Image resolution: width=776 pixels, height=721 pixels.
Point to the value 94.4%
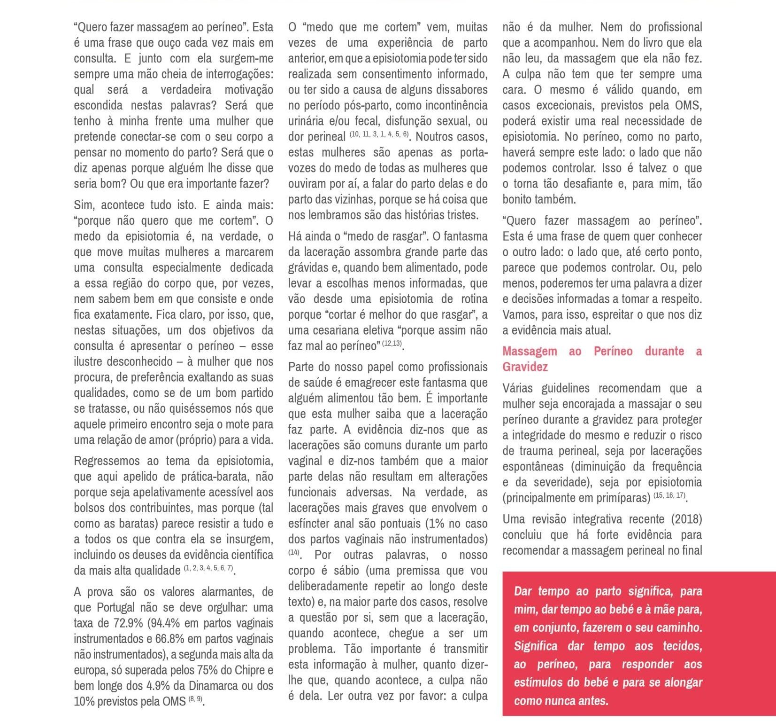pyautogui.click(x=164, y=623)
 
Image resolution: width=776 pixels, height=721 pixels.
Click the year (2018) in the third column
pyautogui.click(x=686, y=519)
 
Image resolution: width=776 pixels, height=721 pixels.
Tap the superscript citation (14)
pyautogui.click(x=294, y=553)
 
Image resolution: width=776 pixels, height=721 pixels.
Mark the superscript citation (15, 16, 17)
pyautogui.click(x=669, y=495)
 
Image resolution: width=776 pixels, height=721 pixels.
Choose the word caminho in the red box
pyautogui.click(x=680, y=627)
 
